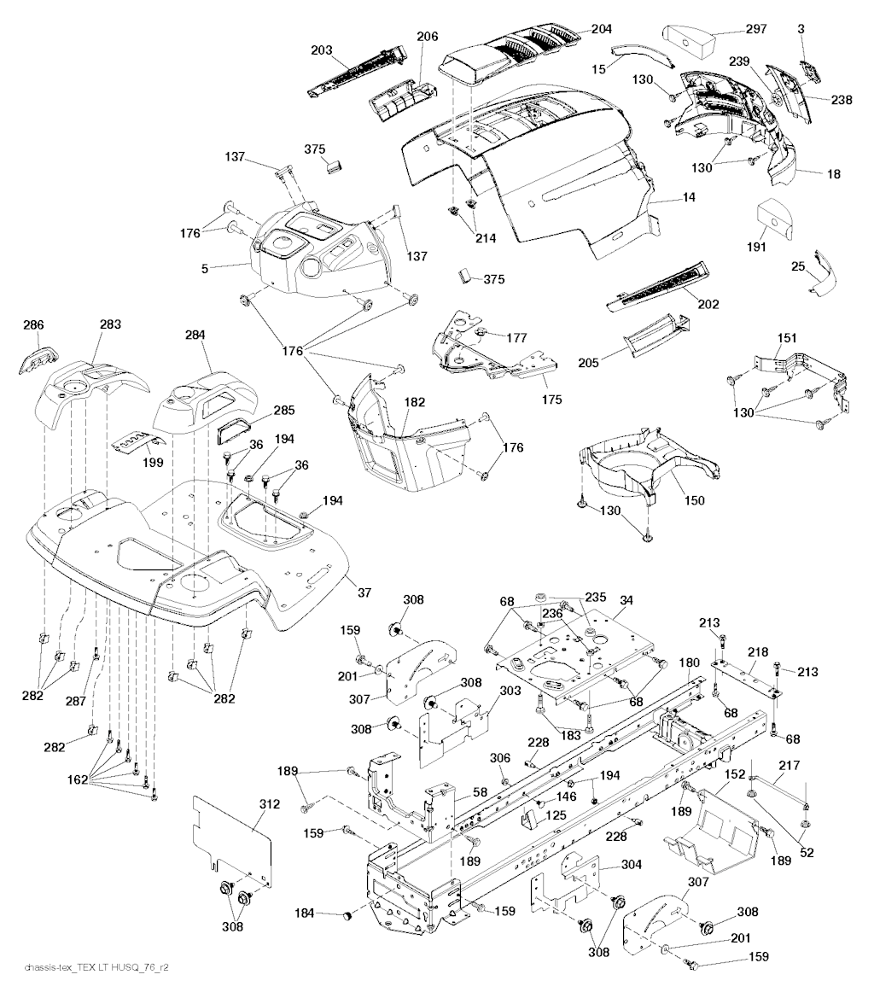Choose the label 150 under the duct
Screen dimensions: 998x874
pos(694,500)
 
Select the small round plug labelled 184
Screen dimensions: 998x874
pos(347,916)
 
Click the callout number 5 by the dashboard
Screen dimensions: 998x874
pos(205,267)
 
